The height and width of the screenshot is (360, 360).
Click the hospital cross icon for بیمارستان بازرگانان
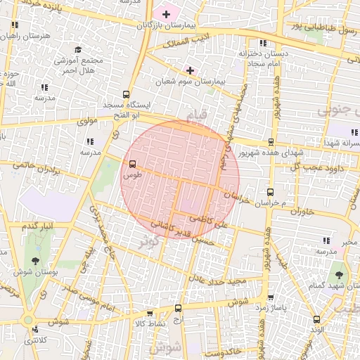(166, 14)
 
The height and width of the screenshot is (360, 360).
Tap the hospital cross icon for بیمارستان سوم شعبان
(190, 70)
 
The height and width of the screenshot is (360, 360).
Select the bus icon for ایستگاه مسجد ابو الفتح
(127, 94)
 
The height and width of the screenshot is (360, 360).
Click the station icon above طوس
(131, 164)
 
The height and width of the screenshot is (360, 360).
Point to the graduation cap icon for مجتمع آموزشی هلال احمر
(78, 49)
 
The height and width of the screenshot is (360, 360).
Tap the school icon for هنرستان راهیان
(14, 24)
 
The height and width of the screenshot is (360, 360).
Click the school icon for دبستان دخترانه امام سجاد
(262, 42)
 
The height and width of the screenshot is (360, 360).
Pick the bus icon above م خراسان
(270, 192)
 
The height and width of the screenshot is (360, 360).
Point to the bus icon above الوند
(316, 319)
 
